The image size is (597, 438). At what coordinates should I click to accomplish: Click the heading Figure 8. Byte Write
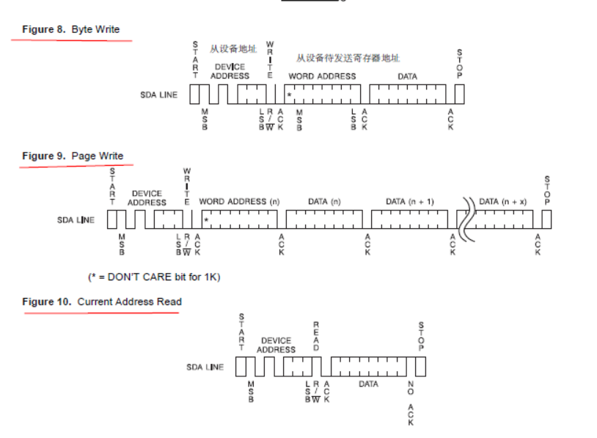tap(70, 29)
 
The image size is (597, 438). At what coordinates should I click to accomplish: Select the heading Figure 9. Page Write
tap(72, 156)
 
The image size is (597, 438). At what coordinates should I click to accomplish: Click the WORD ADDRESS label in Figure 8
tap(322, 76)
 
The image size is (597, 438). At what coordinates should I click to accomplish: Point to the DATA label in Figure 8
tap(407, 76)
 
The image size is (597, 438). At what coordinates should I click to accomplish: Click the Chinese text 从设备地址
tap(232, 49)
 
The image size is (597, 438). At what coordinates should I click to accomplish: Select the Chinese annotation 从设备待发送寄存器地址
tap(348, 58)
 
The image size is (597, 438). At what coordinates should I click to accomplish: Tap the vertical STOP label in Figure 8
tap(459, 64)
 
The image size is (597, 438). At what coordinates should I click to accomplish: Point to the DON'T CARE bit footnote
tap(153, 277)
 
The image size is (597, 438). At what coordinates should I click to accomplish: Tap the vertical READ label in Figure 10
tap(316, 336)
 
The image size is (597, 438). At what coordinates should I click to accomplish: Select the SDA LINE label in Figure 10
tap(205, 367)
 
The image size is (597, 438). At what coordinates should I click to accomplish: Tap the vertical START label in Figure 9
tap(112, 186)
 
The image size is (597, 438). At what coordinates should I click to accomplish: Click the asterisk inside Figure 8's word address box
tap(290, 96)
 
